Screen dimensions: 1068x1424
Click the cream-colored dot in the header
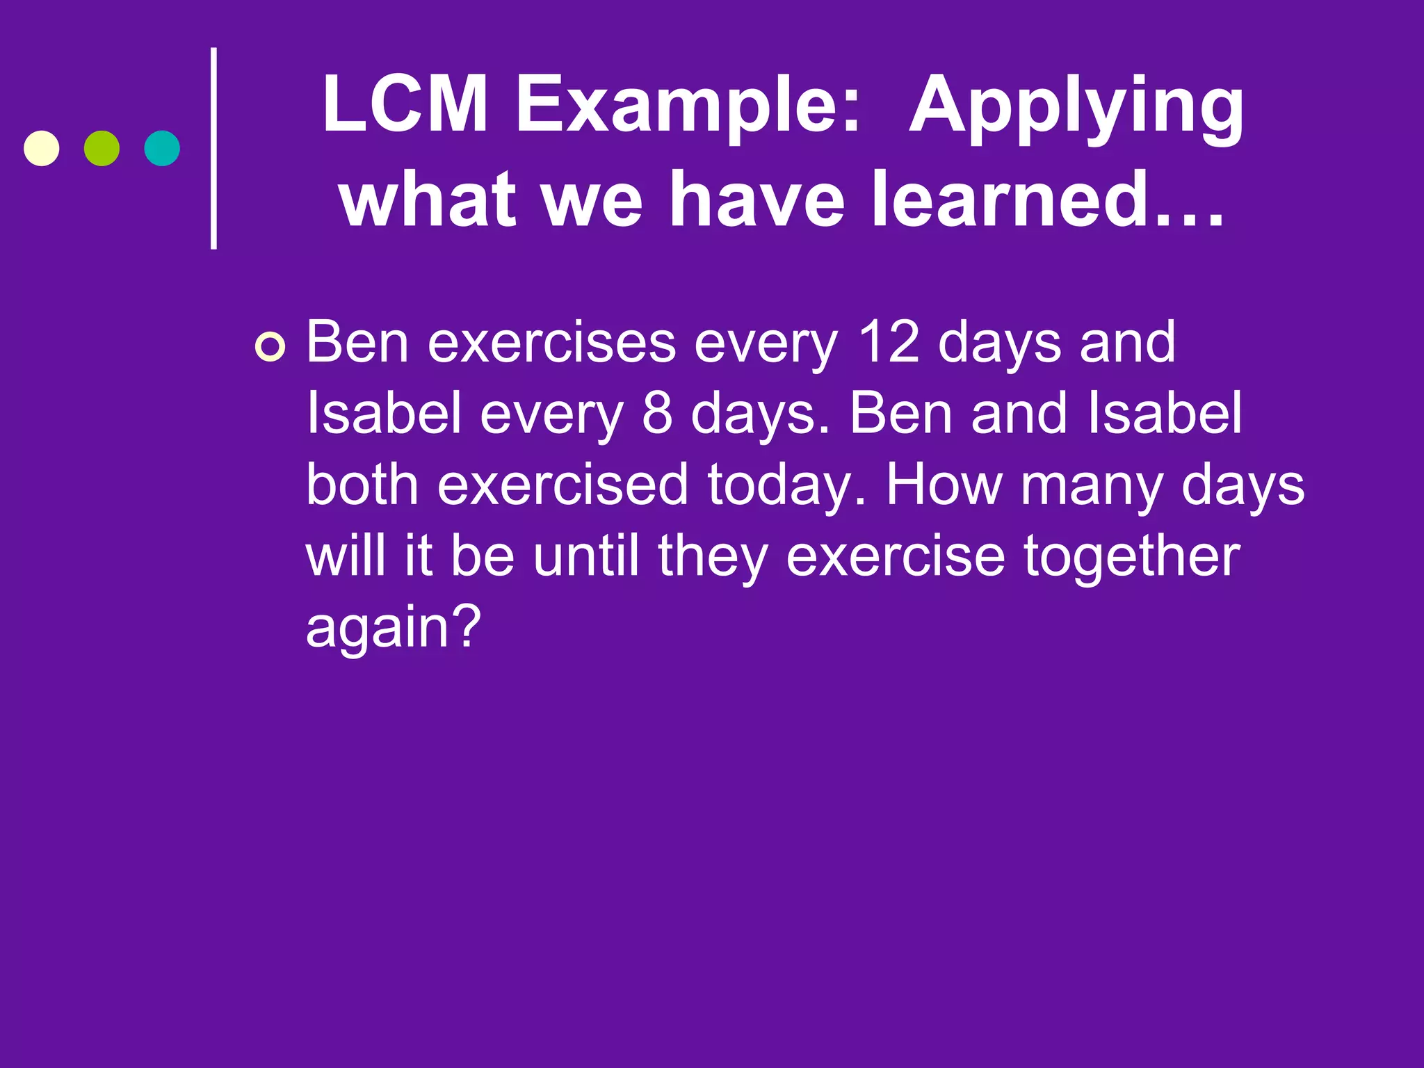[42, 148]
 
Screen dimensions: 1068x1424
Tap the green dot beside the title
[102, 148]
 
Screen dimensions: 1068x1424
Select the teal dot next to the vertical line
[162, 148]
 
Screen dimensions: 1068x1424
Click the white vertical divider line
[213, 148]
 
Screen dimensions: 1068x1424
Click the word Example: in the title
[688, 106]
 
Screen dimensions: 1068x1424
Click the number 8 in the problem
[657, 413]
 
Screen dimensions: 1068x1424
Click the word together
[1132, 556]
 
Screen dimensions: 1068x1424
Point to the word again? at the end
[394, 628]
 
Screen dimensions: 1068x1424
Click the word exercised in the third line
[563, 485]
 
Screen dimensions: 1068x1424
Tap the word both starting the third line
[362, 485]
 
